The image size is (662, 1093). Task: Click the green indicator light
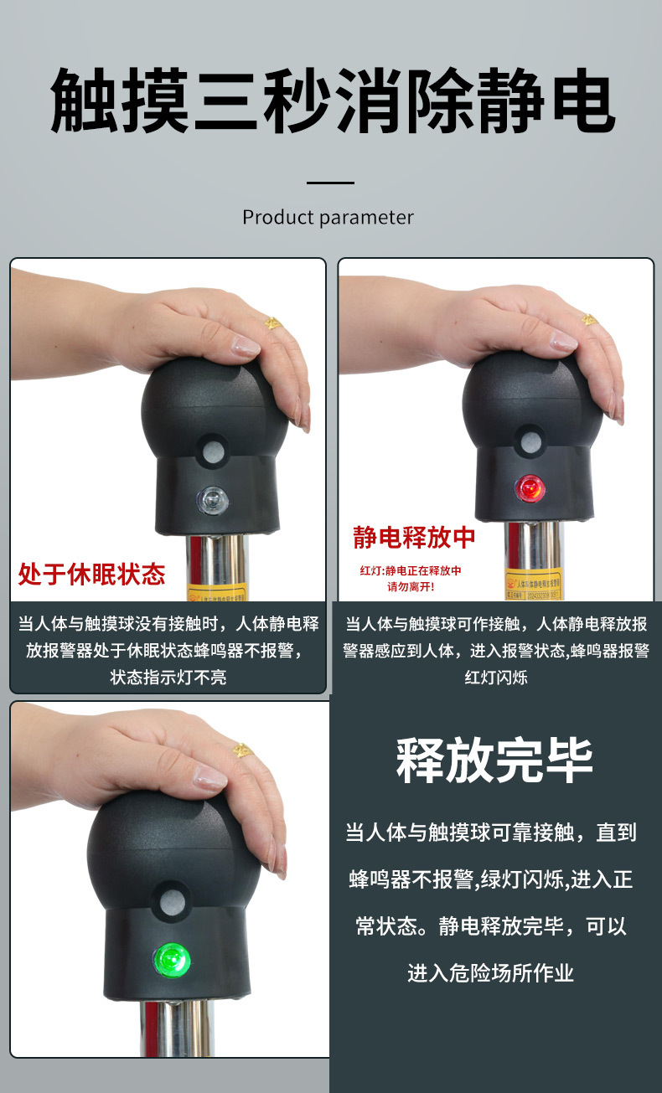(x=171, y=956)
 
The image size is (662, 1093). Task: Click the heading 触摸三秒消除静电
(x=331, y=101)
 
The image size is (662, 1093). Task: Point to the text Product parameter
(x=328, y=218)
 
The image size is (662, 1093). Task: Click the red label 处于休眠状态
(x=91, y=574)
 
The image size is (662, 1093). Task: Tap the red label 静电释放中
(x=414, y=537)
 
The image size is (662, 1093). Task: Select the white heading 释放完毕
(x=494, y=760)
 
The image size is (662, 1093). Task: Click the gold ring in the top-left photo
(x=272, y=322)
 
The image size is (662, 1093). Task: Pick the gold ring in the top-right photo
(x=589, y=320)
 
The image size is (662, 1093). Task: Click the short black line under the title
(x=330, y=183)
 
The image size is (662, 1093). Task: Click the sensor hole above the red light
(x=529, y=438)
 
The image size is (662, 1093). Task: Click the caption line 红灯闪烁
(x=496, y=677)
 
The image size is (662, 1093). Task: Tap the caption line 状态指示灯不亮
(x=168, y=677)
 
